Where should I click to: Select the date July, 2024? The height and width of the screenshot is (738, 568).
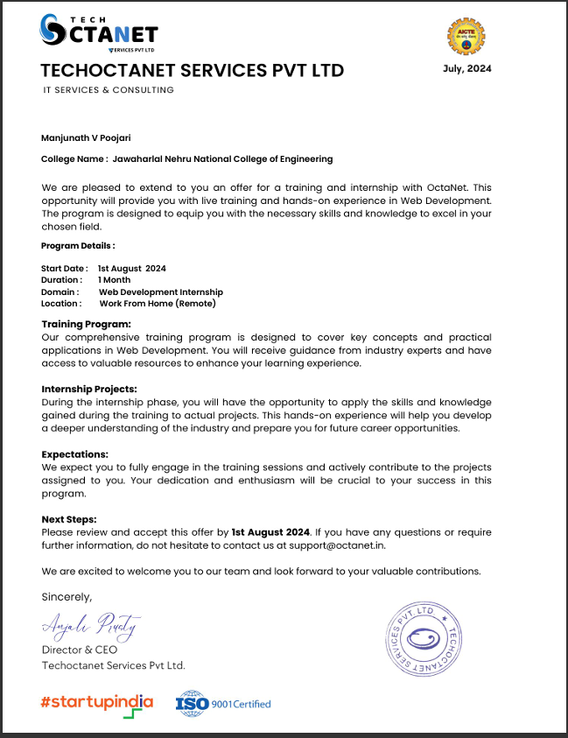pyautogui.click(x=467, y=69)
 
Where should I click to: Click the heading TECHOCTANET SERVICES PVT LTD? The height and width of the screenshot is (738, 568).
pyautogui.click(x=193, y=70)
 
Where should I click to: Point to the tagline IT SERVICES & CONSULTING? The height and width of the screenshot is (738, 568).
pyautogui.click(x=109, y=90)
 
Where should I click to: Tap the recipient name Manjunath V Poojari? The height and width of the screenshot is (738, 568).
pyautogui.click(x=85, y=137)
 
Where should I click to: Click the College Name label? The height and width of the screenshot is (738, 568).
pyautogui.click(x=74, y=159)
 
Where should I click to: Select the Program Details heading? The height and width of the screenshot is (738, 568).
pyautogui.click(x=78, y=246)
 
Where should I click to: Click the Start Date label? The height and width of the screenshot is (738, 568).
pyautogui.click(x=64, y=268)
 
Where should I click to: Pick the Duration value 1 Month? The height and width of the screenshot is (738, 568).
pyautogui.click(x=115, y=280)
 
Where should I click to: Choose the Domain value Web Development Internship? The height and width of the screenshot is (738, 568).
pyautogui.click(x=160, y=292)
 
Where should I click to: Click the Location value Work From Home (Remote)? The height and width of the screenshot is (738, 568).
pyautogui.click(x=158, y=304)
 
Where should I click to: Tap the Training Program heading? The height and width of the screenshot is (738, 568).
pyautogui.click(x=86, y=325)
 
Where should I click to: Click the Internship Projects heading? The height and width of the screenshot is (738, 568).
pyautogui.click(x=89, y=389)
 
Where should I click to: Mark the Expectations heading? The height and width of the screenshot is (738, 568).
pyautogui.click(x=75, y=454)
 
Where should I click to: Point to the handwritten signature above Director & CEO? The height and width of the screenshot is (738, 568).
pyautogui.click(x=89, y=627)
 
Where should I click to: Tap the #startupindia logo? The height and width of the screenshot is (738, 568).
pyautogui.click(x=97, y=704)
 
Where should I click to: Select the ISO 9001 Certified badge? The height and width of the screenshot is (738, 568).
pyautogui.click(x=224, y=704)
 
